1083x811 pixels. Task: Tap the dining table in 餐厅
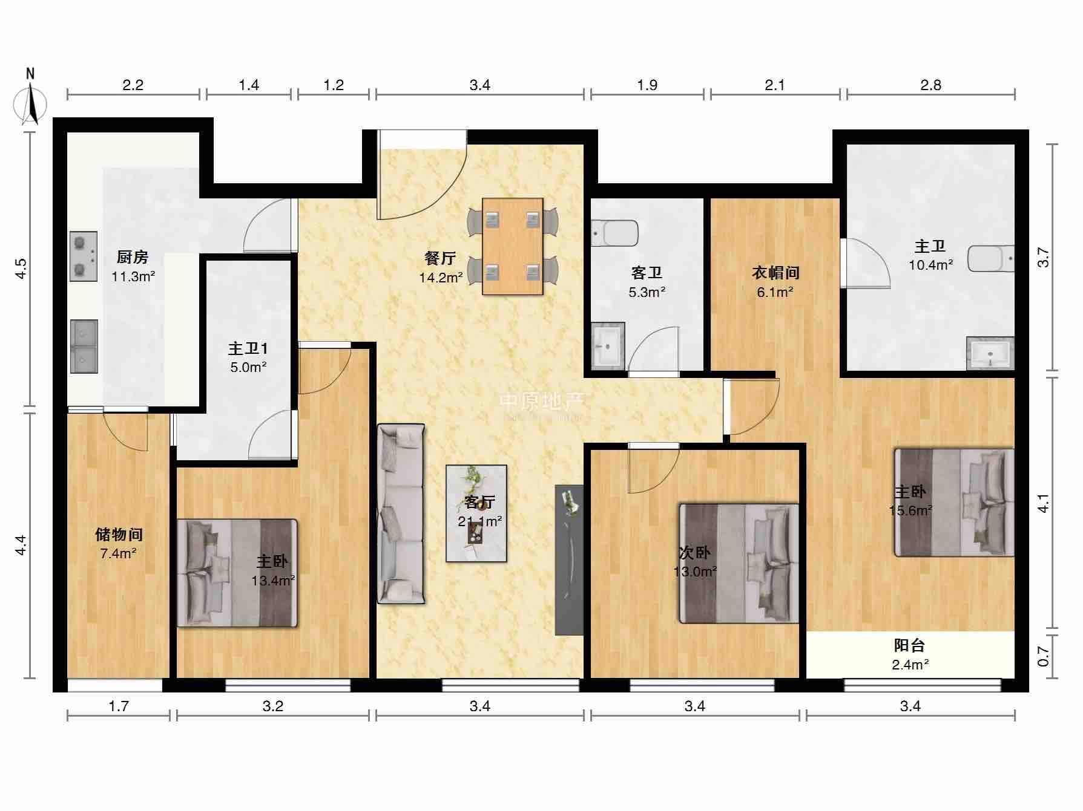[512, 246]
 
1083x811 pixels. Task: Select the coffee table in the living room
[476, 513]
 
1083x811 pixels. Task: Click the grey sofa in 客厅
[401, 513]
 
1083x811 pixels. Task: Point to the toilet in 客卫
[615, 233]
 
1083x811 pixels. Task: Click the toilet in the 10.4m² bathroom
[991, 258]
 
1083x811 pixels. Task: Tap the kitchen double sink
[84, 347]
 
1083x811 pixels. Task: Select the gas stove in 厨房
[84, 256]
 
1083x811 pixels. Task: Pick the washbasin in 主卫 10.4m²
[990, 353]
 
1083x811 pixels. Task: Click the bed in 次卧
[739, 563]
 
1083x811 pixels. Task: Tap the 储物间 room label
[119, 535]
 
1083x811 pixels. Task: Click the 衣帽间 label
[775, 273]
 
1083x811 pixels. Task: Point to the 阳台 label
[909, 645]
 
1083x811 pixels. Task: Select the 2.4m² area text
[910, 665]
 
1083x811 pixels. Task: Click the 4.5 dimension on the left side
[22, 269]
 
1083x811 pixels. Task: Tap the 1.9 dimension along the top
[647, 85]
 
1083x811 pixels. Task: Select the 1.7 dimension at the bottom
[119, 706]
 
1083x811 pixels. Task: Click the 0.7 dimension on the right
[1043, 656]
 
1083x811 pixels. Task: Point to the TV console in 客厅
[570, 560]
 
